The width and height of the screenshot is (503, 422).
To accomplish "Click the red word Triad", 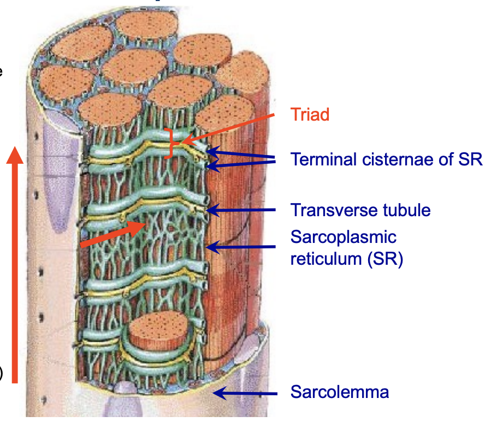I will [310, 115].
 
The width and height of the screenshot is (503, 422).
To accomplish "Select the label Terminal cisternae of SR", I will [386, 159].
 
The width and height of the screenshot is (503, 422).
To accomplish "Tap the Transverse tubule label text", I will [360, 210].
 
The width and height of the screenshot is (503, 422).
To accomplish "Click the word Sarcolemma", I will [339, 392].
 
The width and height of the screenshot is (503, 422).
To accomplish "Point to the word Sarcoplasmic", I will [343, 238].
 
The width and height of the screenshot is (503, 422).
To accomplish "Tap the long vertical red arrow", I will [15, 262].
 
